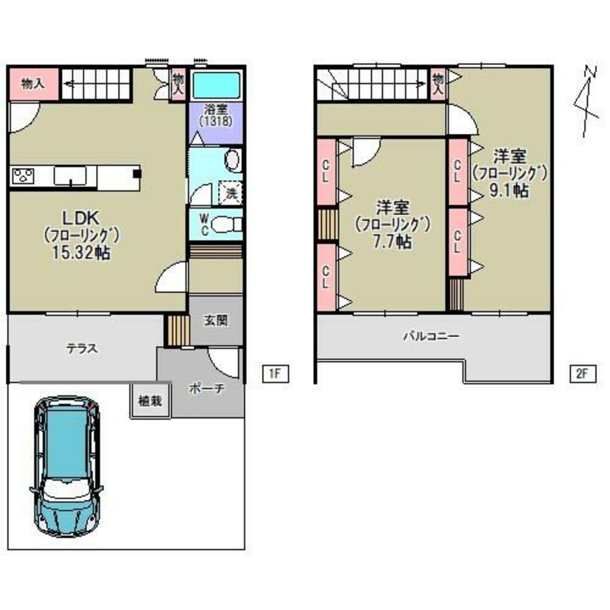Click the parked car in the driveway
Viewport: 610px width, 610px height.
click(66, 466)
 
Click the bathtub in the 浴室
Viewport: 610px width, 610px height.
click(216, 86)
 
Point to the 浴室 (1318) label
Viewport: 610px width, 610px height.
click(216, 115)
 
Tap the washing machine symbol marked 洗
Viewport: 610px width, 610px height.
click(231, 193)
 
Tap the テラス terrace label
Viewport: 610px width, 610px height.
click(82, 348)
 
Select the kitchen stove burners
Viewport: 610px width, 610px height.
click(24, 177)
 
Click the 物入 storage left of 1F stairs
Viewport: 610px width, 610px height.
click(33, 84)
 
